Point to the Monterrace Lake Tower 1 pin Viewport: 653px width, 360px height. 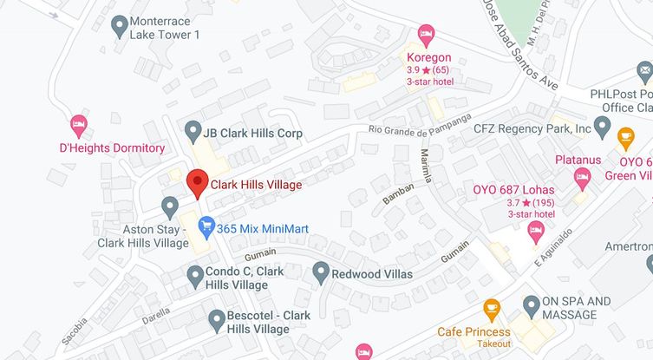tap(120, 26)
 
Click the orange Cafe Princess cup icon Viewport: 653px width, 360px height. tap(491, 308)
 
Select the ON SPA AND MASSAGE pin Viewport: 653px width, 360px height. tap(531, 305)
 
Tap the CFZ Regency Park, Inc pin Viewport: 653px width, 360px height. tap(604, 127)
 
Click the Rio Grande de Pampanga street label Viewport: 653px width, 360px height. tap(420, 128)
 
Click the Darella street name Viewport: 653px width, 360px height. tap(156, 317)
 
